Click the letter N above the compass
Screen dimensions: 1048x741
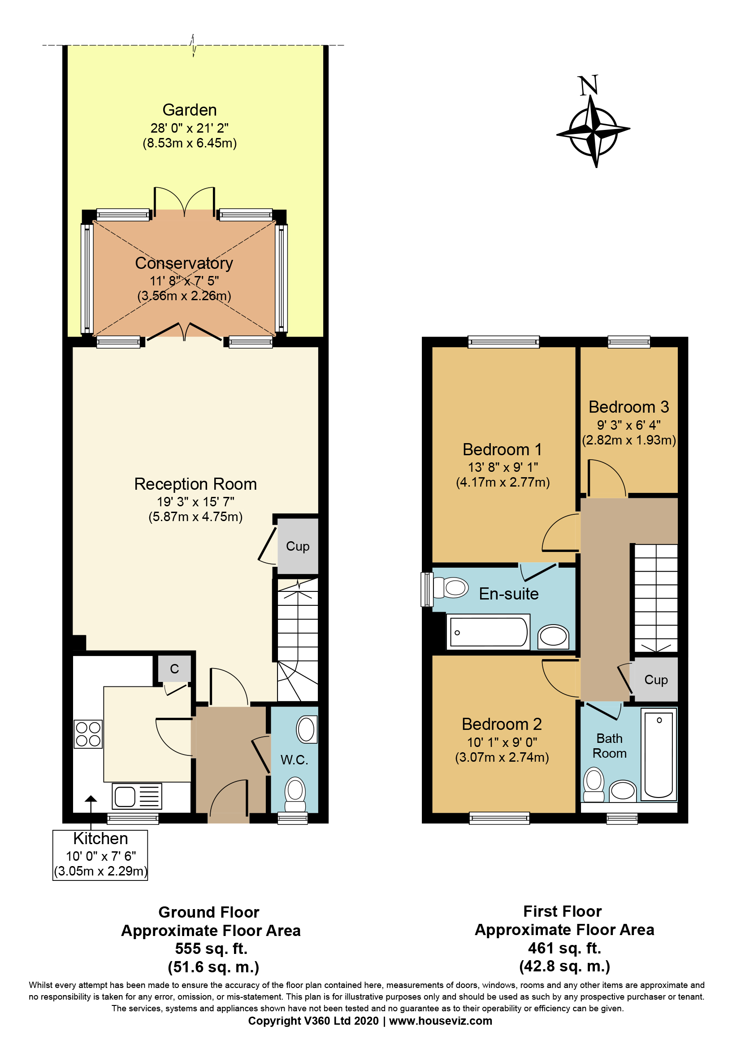click(588, 86)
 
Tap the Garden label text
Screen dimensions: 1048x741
click(190, 110)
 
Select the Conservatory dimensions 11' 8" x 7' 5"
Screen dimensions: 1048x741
click(184, 281)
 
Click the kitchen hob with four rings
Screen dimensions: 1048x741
click(88, 734)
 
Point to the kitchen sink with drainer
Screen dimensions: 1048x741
click(137, 797)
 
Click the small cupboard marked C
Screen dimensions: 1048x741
click(174, 669)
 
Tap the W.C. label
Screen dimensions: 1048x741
click(294, 760)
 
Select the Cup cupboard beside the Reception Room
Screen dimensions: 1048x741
click(298, 546)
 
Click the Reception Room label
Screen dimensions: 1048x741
click(195, 484)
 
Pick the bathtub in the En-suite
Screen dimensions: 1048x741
click(489, 633)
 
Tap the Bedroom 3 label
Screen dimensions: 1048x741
click(628, 407)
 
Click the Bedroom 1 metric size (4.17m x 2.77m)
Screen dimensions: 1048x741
click(503, 482)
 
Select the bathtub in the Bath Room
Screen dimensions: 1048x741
click(659, 755)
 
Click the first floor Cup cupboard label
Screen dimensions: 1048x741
click(656, 680)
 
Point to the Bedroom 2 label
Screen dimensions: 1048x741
click(501, 725)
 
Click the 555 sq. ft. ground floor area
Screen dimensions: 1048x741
click(211, 949)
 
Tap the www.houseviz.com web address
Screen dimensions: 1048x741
click(440, 1021)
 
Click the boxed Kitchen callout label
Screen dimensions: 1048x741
click(100, 839)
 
